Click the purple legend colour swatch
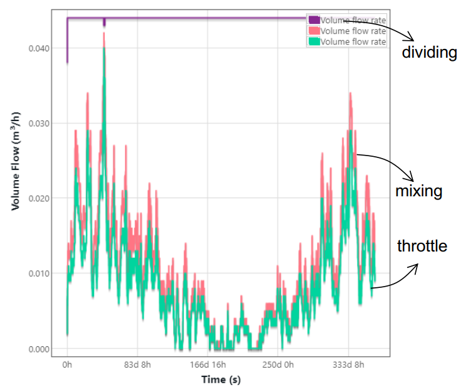(x=314, y=20)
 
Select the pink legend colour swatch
(x=314, y=31)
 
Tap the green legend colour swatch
(x=314, y=41)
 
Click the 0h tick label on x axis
(x=67, y=364)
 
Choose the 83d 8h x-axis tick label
(x=137, y=364)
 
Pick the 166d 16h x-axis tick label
(x=207, y=364)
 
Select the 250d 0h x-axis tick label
(x=277, y=364)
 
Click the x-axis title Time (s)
(x=221, y=379)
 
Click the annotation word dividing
(x=429, y=53)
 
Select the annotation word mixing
(x=419, y=191)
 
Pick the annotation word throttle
(x=422, y=246)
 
